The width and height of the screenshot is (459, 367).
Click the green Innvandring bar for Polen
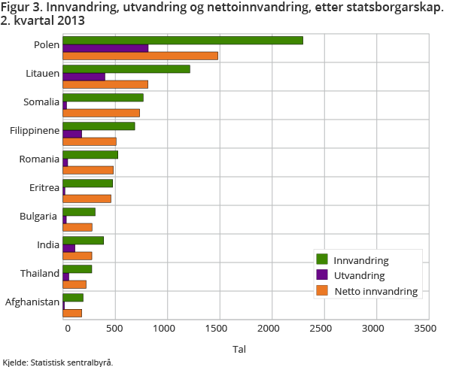[x=183, y=40]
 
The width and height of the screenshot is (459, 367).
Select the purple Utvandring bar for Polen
[x=105, y=48]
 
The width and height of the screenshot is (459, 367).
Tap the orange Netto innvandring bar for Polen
[x=140, y=56]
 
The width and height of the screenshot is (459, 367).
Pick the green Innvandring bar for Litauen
[x=126, y=69]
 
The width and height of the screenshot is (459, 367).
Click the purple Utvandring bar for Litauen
[x=84, y=77]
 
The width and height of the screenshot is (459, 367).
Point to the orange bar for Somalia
[x=101, y=113]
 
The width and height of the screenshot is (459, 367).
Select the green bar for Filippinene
[x=99, y=126]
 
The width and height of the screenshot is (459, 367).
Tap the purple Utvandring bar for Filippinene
[x=72, y=134]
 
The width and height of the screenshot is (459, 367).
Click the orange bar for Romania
[x=88, y=170]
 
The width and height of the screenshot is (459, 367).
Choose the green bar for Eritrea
[x=87, y=183]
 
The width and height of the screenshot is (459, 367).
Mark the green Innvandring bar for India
[x=83, y=240]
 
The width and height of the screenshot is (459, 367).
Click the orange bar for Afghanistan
[x=72, y=313]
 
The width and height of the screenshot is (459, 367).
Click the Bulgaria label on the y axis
[x=41, y=217]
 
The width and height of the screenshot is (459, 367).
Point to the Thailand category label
[x=40, y=274]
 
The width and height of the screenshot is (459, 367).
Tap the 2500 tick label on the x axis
[x=322, y=329]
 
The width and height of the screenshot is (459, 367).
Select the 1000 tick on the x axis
[x=167, y=329]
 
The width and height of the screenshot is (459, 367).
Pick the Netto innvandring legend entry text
[x=376, y=290]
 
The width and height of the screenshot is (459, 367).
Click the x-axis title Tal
[x=239, y=349]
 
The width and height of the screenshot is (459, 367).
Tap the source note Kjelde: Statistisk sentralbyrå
[x=57, y=362]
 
